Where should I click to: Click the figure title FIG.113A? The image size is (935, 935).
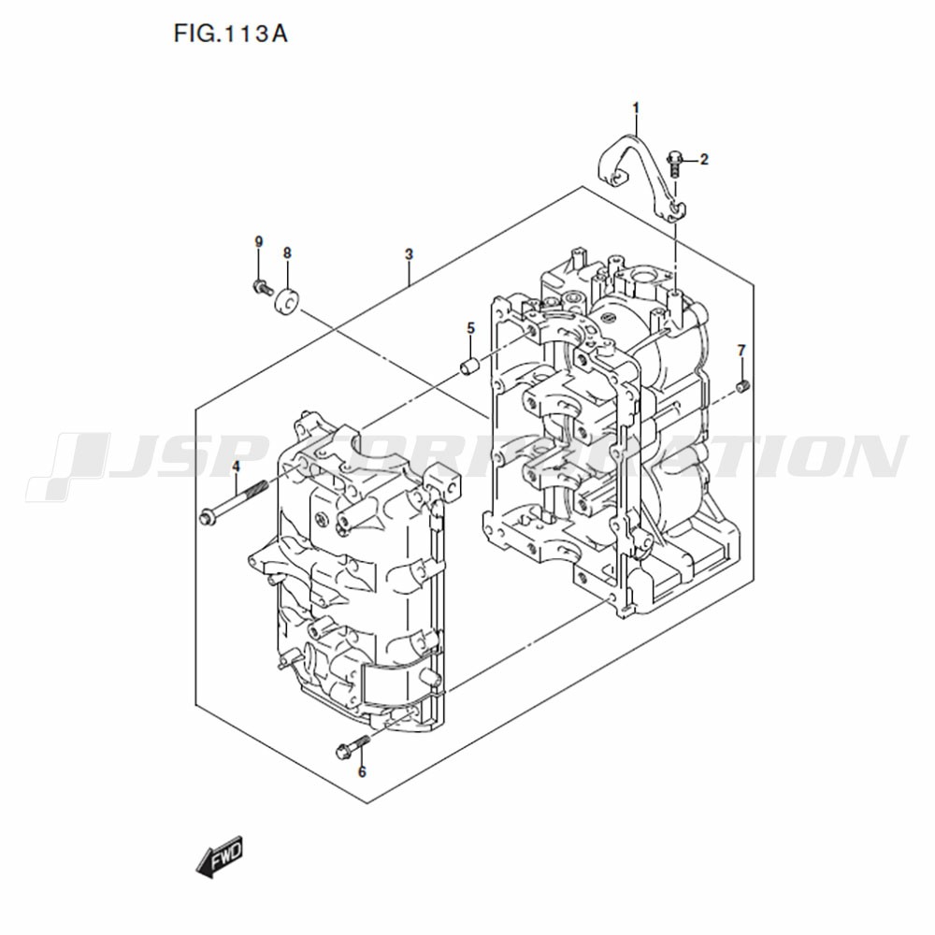(231, 34)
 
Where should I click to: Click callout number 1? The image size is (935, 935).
(636, 108)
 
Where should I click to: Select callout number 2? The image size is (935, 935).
(704, 159)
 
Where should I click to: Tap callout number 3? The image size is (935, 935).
(409, 254)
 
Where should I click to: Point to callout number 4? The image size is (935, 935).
(236, 466)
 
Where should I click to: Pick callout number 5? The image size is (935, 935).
(470, 328)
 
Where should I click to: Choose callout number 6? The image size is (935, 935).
(362, 771)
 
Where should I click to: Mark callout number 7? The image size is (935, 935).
(741, 350)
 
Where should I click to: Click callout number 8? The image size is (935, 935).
(287, 252)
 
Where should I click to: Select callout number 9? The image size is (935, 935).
(258, 241)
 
